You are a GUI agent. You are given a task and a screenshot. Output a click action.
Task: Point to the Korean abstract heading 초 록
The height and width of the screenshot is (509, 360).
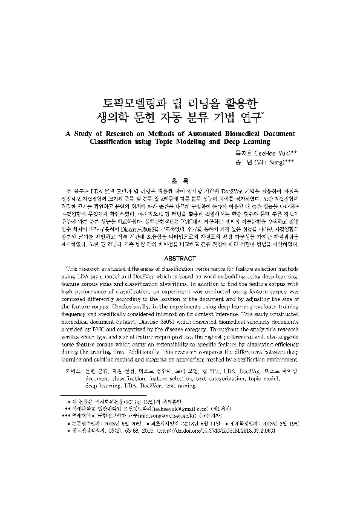coord(180,180)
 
